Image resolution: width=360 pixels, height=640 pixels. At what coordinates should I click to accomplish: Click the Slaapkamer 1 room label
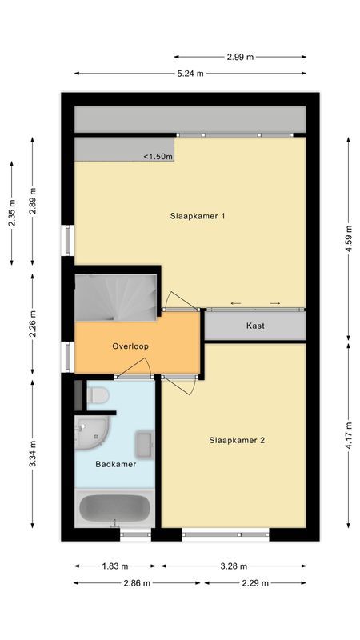[x=197, y=216]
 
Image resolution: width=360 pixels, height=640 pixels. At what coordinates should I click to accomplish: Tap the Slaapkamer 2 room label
[x=237, y=439]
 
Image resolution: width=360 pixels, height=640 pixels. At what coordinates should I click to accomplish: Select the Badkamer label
[x=115, y=464]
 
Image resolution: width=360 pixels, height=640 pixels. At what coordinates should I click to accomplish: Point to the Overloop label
[x=130, y=346]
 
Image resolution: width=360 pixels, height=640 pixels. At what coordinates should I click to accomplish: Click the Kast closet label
[x=255, y=326]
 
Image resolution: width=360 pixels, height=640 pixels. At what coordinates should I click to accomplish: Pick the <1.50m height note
[x=158, y=157]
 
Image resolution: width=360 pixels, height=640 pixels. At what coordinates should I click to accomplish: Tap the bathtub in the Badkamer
[x=114, y=508]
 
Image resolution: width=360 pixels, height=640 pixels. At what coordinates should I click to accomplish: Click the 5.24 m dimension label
[x=190, y=73]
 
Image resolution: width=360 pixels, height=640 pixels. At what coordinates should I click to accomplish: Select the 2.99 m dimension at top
[x=240, y=57]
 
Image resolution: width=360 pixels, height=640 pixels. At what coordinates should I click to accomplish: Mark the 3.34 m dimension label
[x=33, y=454]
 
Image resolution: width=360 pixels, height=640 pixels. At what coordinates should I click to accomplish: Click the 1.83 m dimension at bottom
[x=114, y=566]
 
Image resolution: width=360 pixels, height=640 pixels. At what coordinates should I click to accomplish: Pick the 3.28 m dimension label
[x=233, y=566]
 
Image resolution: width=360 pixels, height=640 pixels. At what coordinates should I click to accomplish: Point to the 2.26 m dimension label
[x=33, y=324]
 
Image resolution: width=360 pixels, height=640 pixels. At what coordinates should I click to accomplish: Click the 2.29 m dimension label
[x=255, y=583]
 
